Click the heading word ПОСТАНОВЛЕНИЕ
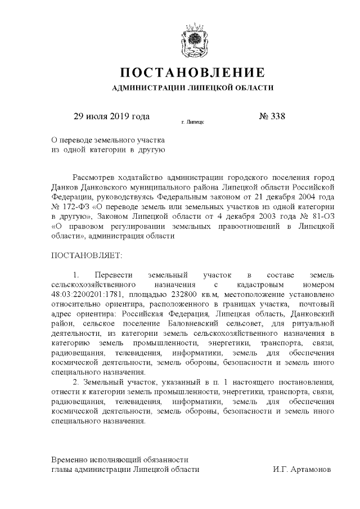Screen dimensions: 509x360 (x=193, y=73)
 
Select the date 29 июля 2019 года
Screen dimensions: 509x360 (x=112, y=117)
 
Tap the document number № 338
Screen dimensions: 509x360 (x=272, y=117)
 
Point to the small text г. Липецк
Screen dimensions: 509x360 (x=193, y=121)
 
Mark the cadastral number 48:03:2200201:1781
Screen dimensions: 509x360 (x=87, y=295)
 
